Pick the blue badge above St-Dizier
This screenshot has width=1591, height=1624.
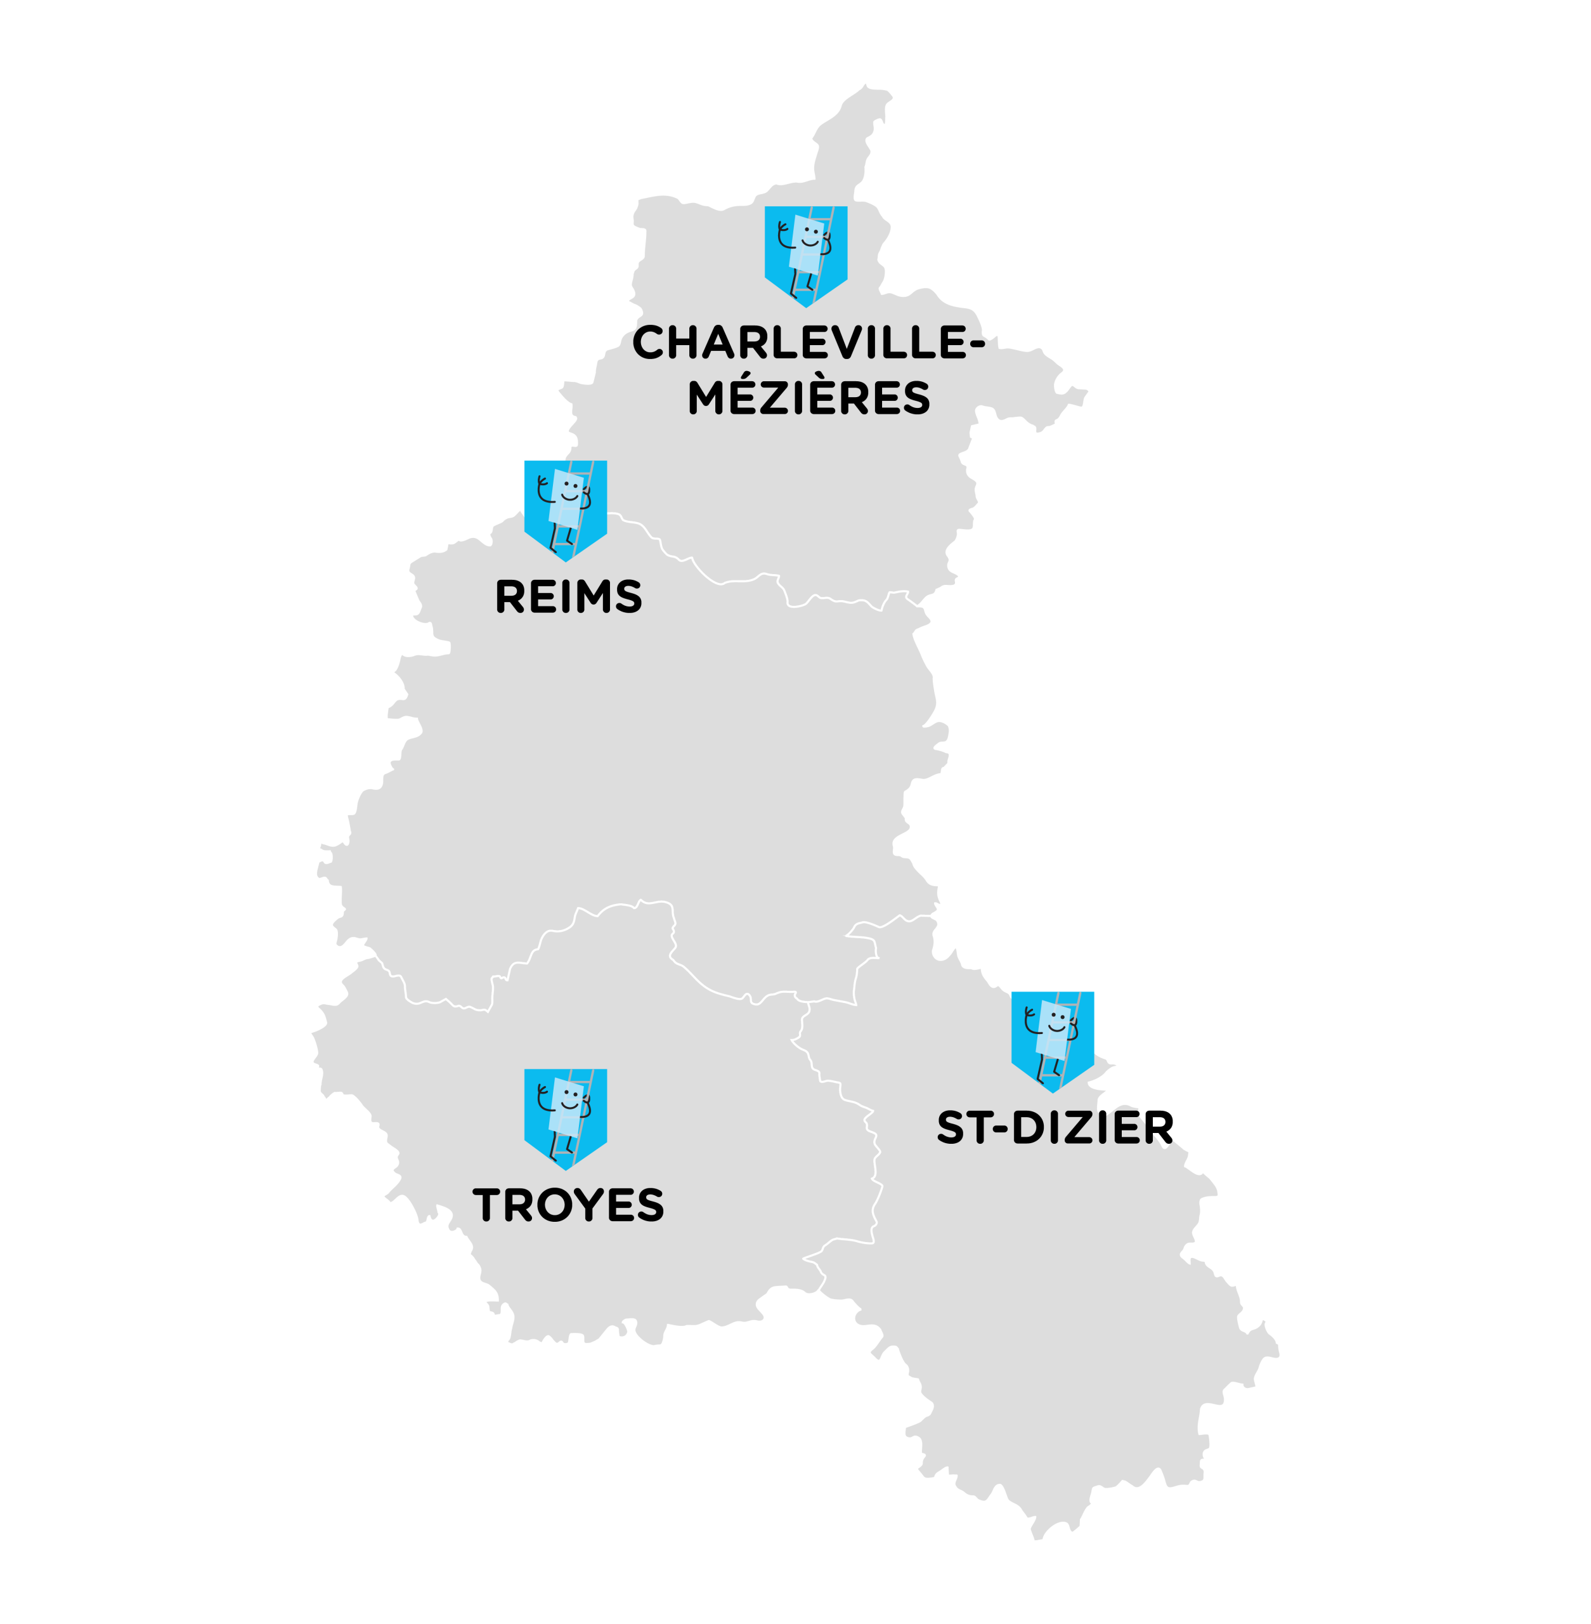click(x=1052, y=1039)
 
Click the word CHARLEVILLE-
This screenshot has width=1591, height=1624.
click(x=807, y=343)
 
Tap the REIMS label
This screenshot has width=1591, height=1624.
click(x=568, y=596)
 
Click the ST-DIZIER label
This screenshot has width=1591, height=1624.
click(x=1055, y=1127)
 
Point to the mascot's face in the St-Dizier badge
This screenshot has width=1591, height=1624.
click(x=1057, y=1021)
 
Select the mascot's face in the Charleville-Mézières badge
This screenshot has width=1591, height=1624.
click(x=810, y=236)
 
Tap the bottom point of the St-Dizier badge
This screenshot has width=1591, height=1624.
click(x=1053, y=1090)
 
